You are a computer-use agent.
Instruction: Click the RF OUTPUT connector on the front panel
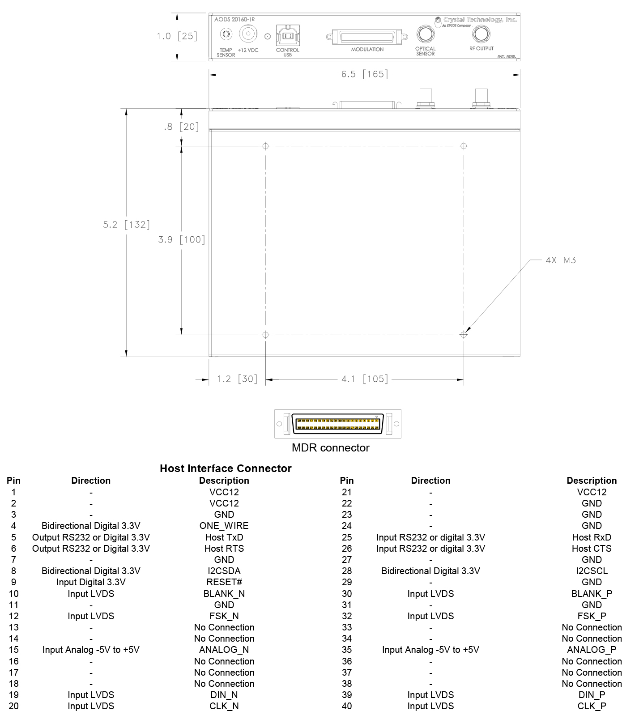click(x=481, y=34)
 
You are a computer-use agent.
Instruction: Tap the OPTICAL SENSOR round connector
click(x=425, y=34)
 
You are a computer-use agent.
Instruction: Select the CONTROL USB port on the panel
click(x=288, y=35)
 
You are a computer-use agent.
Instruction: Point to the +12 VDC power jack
click(x=247, y=34)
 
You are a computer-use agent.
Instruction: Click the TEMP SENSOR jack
click(x=226, y=34)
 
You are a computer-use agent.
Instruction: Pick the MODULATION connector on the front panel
click(x=367, y=37)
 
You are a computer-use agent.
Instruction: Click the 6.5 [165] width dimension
click(x=364, y=74)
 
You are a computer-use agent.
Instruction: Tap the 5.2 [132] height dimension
click(x=126, y=225)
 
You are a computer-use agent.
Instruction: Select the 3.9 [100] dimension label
click(x=182, y=240)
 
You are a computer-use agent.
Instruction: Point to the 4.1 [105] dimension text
click(x=364, y=379)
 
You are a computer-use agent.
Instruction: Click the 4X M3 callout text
click(x=561, y=260)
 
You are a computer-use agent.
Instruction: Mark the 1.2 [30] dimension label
click(x=237, y=379)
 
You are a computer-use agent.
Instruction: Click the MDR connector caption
click(x=330, y=448)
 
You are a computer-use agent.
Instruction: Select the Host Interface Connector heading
click(x=226, y=468)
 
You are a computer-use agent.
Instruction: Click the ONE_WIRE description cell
click(x=224, y=526)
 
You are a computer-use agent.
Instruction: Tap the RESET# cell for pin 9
click(x=224, y=582)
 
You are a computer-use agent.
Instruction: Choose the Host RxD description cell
click(x=591, y=537)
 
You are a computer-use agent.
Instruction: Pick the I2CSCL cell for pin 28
click(x=591, y=571)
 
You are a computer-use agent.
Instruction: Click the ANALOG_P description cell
click(x=591, y=650)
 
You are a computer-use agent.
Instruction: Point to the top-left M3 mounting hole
click(x=266, y=146)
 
